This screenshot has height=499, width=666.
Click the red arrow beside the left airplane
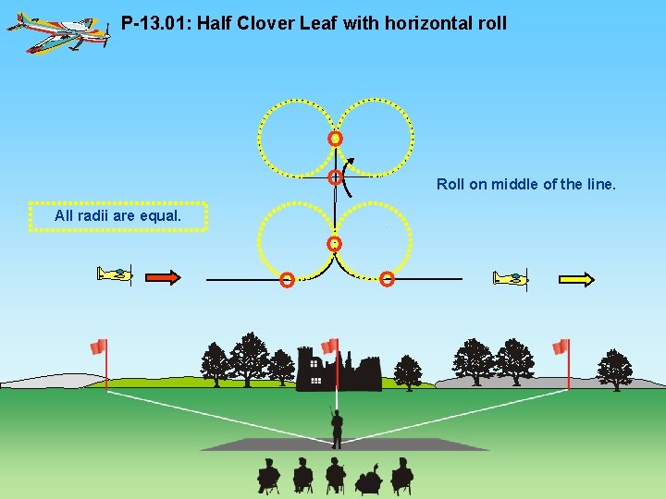click(164, 276)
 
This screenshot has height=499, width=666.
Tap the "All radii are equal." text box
click(117, 216)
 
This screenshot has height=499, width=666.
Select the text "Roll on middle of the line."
click(525, 184)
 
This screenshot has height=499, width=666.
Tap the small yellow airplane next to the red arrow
click(116, 274)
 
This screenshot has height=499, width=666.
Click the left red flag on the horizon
click(98, 347)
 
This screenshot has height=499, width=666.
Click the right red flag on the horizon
click(561, 347)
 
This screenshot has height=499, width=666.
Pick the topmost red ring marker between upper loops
click(335, 139)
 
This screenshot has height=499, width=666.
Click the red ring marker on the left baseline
click(288, 279)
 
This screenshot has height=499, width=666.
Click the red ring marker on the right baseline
click(388, 278)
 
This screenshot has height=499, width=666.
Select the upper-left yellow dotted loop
click(295, 137)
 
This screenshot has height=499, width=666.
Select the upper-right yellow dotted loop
click(375, 137)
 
